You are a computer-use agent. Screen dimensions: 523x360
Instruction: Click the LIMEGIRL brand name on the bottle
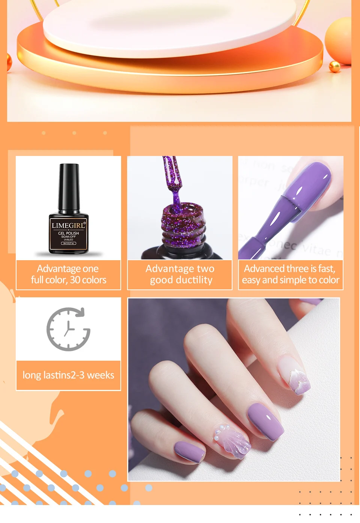coord(68,225)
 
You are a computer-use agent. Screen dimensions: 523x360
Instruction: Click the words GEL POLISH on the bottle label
coord(68,233)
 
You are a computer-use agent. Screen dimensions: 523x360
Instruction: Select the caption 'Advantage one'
coord(68,269)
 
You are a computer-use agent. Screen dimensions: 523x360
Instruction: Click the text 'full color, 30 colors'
coord(69,280)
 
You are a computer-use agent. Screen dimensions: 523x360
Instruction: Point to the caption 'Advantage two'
coord(180,269)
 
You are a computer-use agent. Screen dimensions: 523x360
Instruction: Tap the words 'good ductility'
coord(181,280)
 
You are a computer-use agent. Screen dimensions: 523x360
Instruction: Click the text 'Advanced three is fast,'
coord(289,269)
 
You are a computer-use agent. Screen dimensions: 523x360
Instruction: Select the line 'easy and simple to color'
coord(291,280)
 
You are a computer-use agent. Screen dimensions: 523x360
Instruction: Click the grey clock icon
coord(68,329)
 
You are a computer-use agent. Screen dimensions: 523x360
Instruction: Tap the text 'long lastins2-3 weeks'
coord(68,375)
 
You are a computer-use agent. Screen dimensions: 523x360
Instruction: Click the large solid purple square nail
coord(265,421)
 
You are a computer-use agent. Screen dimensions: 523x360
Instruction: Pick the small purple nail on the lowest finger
coord(190,451)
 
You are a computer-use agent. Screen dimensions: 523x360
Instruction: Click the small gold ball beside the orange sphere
coord(334,67)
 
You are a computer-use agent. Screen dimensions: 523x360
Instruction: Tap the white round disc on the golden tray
coord(169,26)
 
